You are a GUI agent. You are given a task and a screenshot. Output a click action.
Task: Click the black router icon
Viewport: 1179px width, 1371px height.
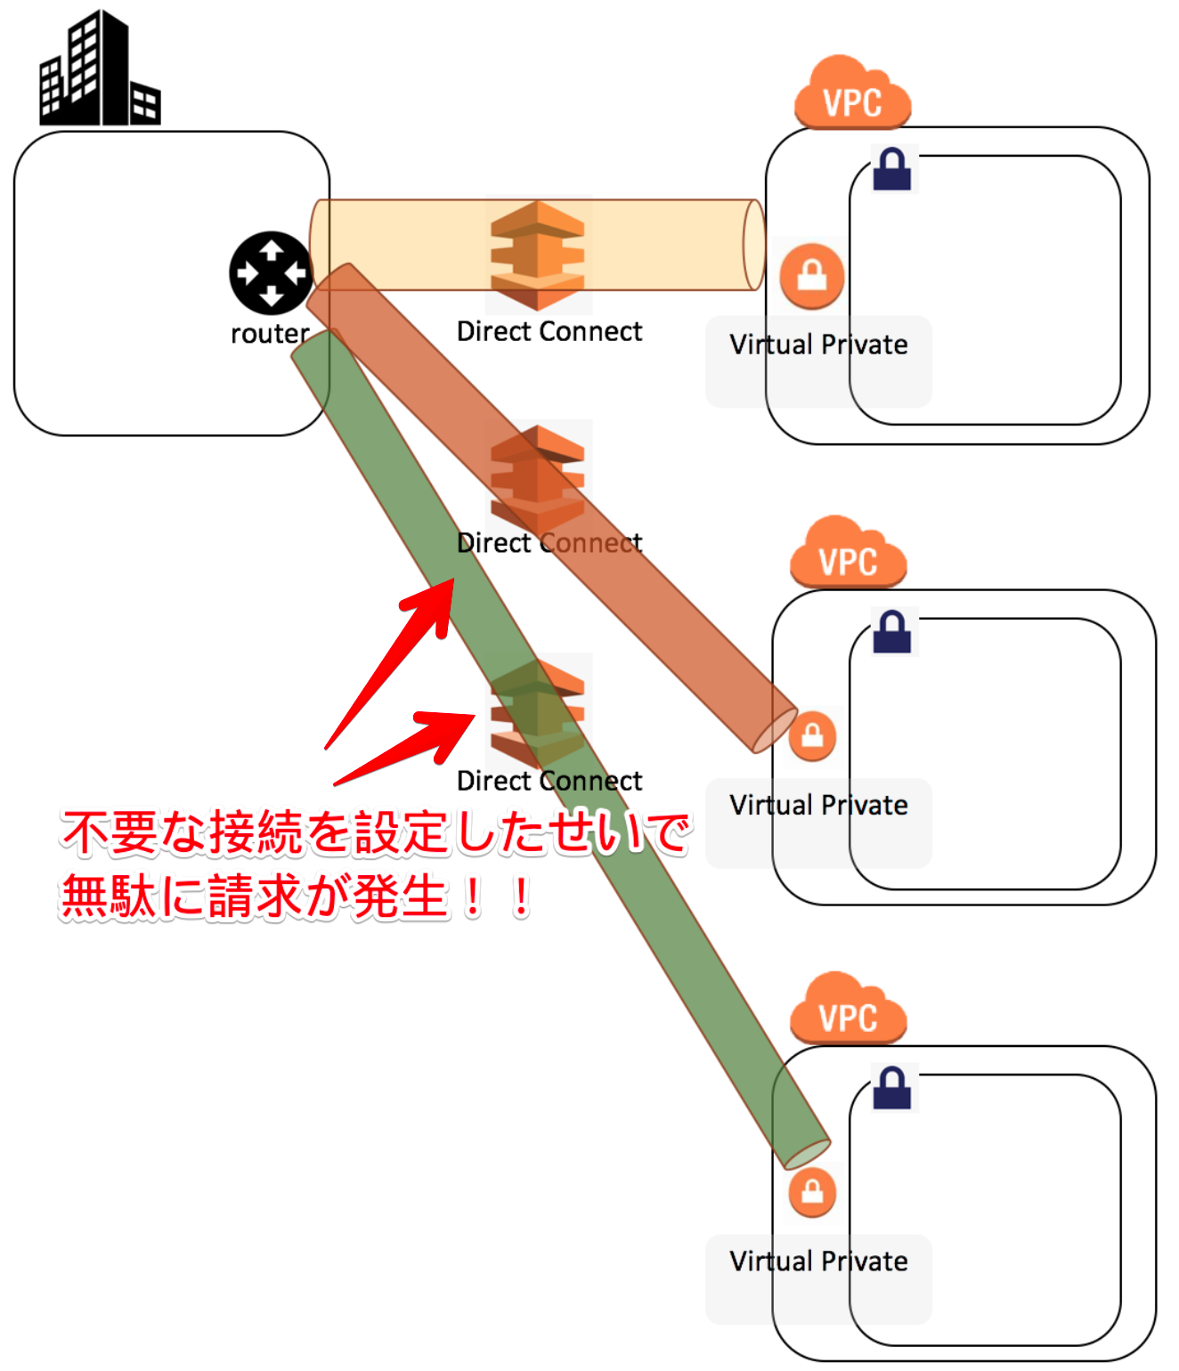tap(271, 273)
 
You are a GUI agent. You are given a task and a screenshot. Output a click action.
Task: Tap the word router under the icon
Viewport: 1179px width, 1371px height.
tap(269, 334)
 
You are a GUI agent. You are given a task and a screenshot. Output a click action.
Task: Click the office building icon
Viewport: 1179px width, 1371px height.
tap(99, 69)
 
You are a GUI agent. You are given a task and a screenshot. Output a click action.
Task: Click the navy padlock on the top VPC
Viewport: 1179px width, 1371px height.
tap(892, 169)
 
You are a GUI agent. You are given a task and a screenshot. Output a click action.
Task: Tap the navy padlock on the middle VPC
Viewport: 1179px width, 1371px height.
tap(892, 632)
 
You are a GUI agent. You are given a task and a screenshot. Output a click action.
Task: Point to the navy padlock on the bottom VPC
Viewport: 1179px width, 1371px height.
tap(892, 1088)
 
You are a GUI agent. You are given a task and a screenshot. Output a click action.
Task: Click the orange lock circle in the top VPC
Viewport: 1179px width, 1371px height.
tap(811, 276)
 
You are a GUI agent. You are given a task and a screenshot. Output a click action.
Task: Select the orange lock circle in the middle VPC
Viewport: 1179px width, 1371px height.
tap(812, 736)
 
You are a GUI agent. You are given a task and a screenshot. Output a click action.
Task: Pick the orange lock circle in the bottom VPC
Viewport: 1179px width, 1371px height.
tap(812, 1191)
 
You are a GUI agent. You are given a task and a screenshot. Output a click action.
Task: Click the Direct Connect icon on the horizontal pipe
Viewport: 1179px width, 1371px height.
tap(538, 255)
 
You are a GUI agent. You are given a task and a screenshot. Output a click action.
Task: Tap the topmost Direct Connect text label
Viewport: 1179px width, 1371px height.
tap(549, 331)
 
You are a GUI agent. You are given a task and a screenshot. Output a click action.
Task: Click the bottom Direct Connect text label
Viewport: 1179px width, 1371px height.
tap(549, 781)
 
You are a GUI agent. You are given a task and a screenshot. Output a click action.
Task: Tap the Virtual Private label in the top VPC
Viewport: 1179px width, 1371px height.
tap(818, 345)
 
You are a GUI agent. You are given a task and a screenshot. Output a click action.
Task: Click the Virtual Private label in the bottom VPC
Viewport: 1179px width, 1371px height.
tap(818, 1261)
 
